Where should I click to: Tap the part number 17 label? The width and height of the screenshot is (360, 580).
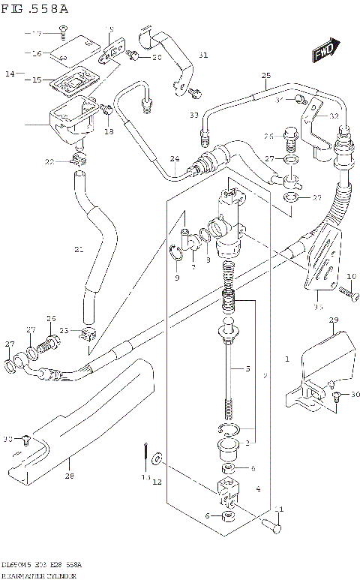(x=34, y=34)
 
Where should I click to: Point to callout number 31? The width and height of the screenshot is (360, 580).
(x=202, y=56)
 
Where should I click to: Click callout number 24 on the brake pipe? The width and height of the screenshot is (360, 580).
(x=175, y=159)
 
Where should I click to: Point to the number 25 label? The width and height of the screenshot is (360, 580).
(x=265, y=76)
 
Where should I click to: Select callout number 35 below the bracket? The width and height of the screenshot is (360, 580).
(x=318, y=306)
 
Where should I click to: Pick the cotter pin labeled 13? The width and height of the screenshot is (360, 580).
(x=142, y=455)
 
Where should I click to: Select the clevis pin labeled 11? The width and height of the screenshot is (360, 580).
(x=271, y=527)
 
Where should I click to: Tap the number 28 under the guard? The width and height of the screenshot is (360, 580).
(x=69, y=475)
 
